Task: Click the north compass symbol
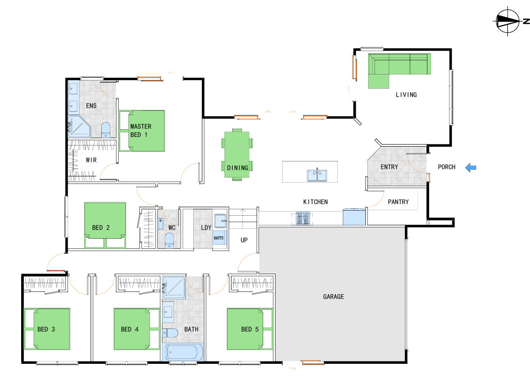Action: pyautogui.click(x=508, y=21)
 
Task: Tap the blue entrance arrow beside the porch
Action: pyautogui.click(x=471, y=167)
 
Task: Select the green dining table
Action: pyautogui.click(x=237, y=155)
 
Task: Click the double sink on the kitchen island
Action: pyautogui.click(x=317, y=175)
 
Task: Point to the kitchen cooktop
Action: pyautogui.click(x=303, y=218)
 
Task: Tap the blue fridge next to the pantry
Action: pyautogui.click(x=354, y=217)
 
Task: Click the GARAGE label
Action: pyautogui.click(x=334, y=297)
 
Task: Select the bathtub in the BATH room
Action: pyautogui.click(x=183, y=352)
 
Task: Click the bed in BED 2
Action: pyautogui.click(x=105, y=225)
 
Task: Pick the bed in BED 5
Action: pyautogui.click(x=250, y=329)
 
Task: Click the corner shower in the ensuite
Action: pyautogui.click(x=79, y=126)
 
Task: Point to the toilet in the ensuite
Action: pyautogui.click(x=106, y=130)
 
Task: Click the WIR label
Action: pyautogui.click(x=91, y=160)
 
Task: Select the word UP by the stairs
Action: pyautogui.click(x=244, y=240)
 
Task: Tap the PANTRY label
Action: pyautogui.click(x=398, y=202)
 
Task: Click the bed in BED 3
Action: pyautogui.click(x=47, y=329)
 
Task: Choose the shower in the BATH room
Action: pyautogui.click(x=174, y=287)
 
